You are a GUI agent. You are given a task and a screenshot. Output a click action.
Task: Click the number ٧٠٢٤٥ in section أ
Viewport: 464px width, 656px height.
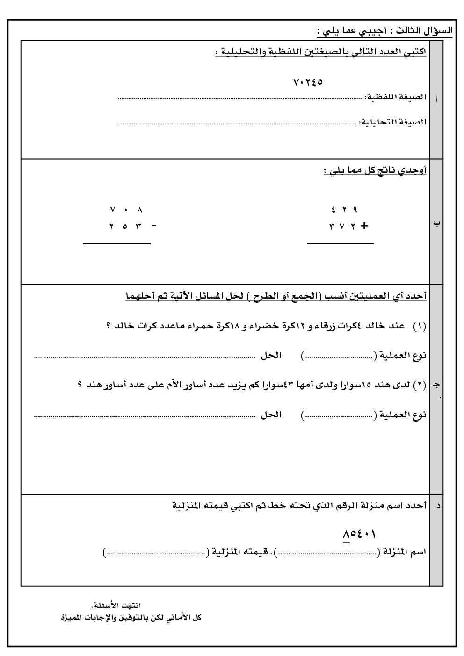[x=308, y=82]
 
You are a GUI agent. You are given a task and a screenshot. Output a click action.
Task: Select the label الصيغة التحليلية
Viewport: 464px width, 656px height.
[x=393, y=122]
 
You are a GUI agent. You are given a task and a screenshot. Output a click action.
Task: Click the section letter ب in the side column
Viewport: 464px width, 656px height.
[x=436, y=223]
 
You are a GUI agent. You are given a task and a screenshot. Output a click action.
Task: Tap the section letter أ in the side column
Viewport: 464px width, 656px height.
[x=436, y=100]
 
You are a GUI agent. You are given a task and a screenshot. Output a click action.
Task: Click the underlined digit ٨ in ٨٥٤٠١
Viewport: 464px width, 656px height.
[x=346, y=534]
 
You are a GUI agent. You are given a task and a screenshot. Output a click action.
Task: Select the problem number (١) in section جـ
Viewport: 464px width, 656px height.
[x=420, y=327]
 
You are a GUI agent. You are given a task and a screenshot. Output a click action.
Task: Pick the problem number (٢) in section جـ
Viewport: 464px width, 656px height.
[x=420, y=385]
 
